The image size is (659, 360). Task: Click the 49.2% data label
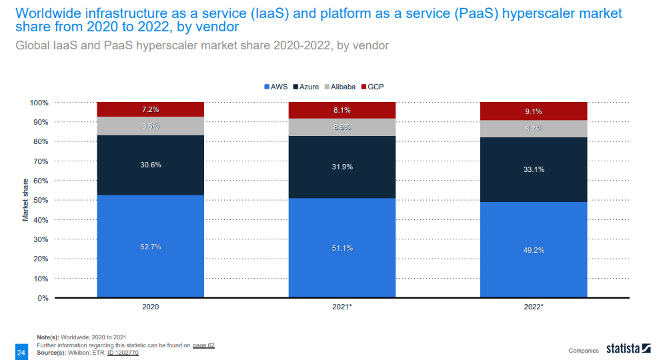[x=534, y=250]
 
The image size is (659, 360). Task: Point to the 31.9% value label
[x=342, y=167]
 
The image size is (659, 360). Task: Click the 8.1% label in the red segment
[x=342, y=110]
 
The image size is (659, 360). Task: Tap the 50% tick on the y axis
[x=39, y=200]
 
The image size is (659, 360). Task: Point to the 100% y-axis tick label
[x=38, y=103]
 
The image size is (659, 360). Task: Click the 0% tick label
[x=42, y=298]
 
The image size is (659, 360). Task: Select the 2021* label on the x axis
[x=342, y=307]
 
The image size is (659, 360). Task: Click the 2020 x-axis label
[x=150, y=307]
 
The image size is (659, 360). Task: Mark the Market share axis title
[x=25, y=200]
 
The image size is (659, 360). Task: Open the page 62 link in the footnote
[x=204, y=345]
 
